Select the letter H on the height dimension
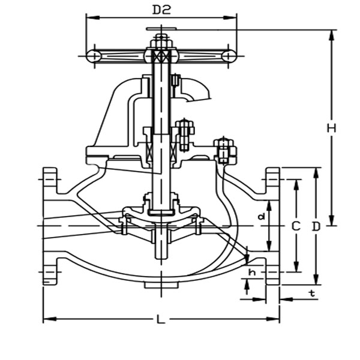[331, 128]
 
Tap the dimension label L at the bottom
[160, 320]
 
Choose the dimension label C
[295, 226]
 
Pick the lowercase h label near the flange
[252, 272]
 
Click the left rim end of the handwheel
[93, 56]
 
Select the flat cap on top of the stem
[161, 29]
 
